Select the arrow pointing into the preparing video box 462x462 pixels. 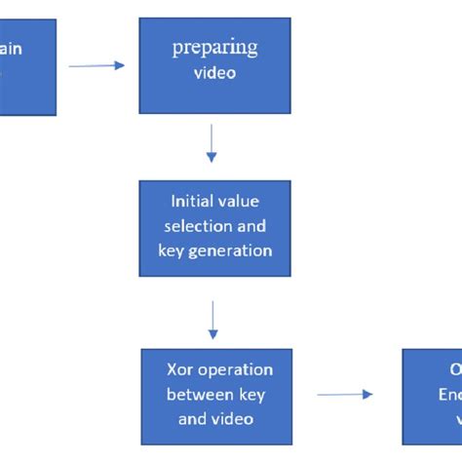96,65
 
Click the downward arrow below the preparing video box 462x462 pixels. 212,146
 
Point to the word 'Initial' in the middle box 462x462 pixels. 192,203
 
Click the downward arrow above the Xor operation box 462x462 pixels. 213,319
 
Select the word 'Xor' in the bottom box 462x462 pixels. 183,370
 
